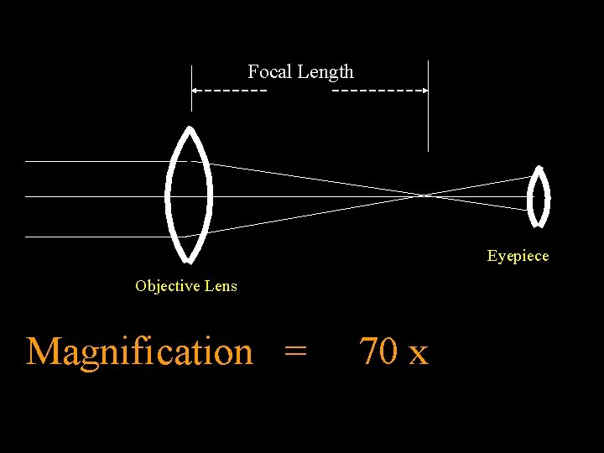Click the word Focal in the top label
268,72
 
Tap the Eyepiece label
518,256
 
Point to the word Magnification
139,351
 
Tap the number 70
378,351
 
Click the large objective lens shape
190,195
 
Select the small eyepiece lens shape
538,197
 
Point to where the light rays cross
425,195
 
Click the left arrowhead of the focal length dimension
195,89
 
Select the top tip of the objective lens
190,129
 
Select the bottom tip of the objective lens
190,261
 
